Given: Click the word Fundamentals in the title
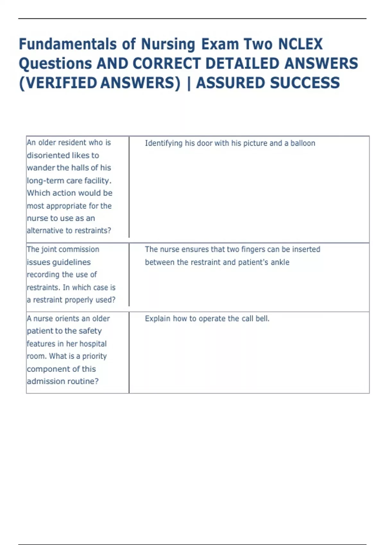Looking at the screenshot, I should pyautogui.click(x=68, y=44).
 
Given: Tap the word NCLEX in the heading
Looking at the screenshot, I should pyautogui.click(x=300, y=44).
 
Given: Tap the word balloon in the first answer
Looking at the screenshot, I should pyautogui.click(x=303, y=143).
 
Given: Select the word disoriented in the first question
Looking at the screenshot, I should pyautogui.click(x=47, y=155).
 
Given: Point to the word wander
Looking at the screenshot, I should pyautogui.click(x=41, y=168).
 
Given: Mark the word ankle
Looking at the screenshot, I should pyautogui.click(x=280, y=262).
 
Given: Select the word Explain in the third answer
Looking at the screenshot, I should pyautogui.click(x=158, y=319).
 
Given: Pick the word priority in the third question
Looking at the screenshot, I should pyautogui.click(x=94, y=356).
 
